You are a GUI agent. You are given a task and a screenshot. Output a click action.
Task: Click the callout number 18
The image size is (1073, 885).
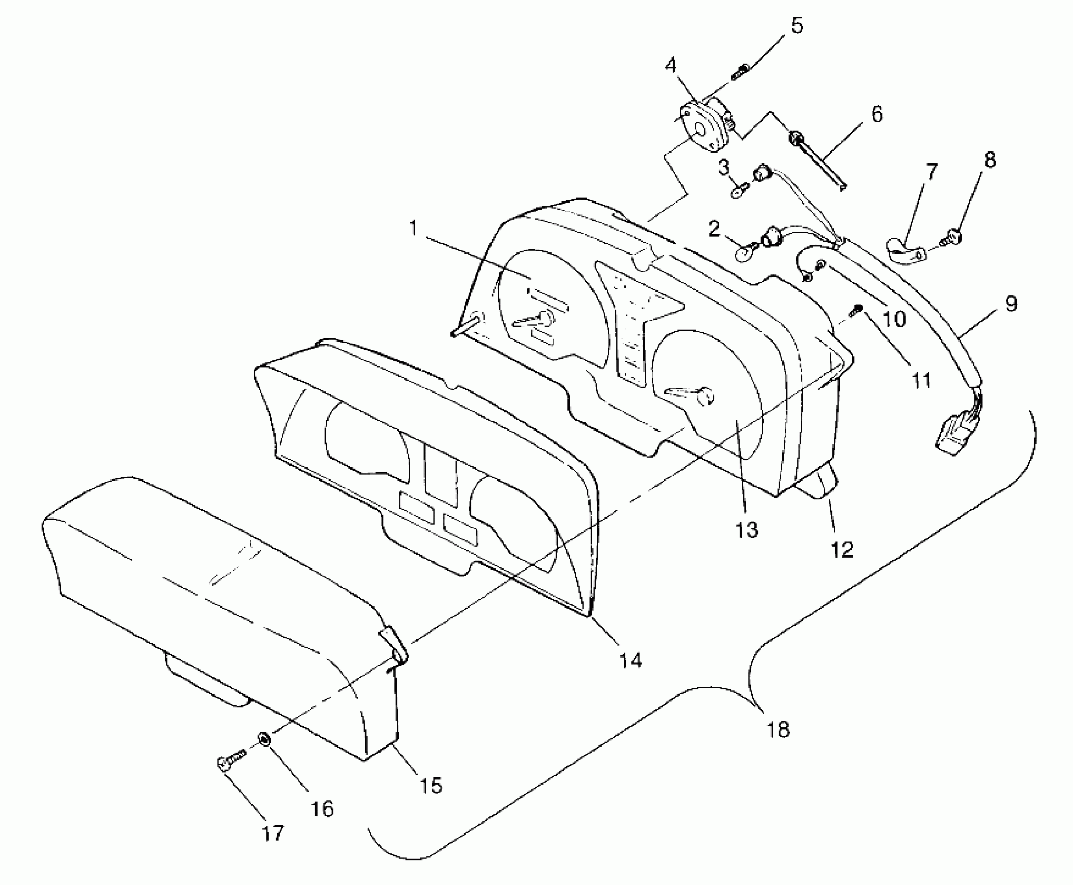coord(778,729)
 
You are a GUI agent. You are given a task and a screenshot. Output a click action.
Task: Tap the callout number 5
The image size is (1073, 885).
coord(797,25)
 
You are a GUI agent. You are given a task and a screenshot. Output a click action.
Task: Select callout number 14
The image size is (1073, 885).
coord(630,660)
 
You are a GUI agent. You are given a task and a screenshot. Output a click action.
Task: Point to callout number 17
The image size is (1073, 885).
coord(273,833)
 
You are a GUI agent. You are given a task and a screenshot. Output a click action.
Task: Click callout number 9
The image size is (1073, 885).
coord(1011,304)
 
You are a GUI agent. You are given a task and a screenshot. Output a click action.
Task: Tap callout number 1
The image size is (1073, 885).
coord(413,227)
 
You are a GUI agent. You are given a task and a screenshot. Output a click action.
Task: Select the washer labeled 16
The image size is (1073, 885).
coord(264,739)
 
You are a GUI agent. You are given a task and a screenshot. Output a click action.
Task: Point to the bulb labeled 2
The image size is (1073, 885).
coord(744,254)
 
